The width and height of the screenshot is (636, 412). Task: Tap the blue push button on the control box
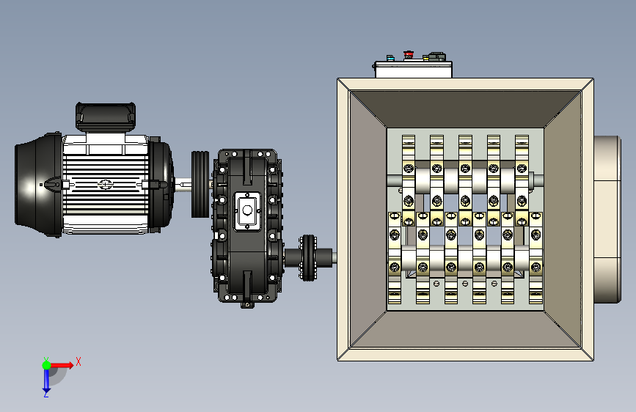pyautogui.click(x=390, y=58)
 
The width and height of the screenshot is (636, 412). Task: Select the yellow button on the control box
pyautogui.click(x=426, y=58)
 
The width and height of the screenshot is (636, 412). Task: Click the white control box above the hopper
pyautogui.click(x=413, y=70)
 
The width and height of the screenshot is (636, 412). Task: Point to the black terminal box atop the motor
pyautogui.click(x=106, y=117)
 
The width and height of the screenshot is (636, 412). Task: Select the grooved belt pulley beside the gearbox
pyautogui.click(x=200, y=185)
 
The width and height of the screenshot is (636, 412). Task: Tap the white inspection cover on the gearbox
pyautogui.click(x=247, y=211)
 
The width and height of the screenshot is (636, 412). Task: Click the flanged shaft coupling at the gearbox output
pyautogui.click(x=308, y=257)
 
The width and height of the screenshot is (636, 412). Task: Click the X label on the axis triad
pyautogui.click(x=78, y=361)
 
